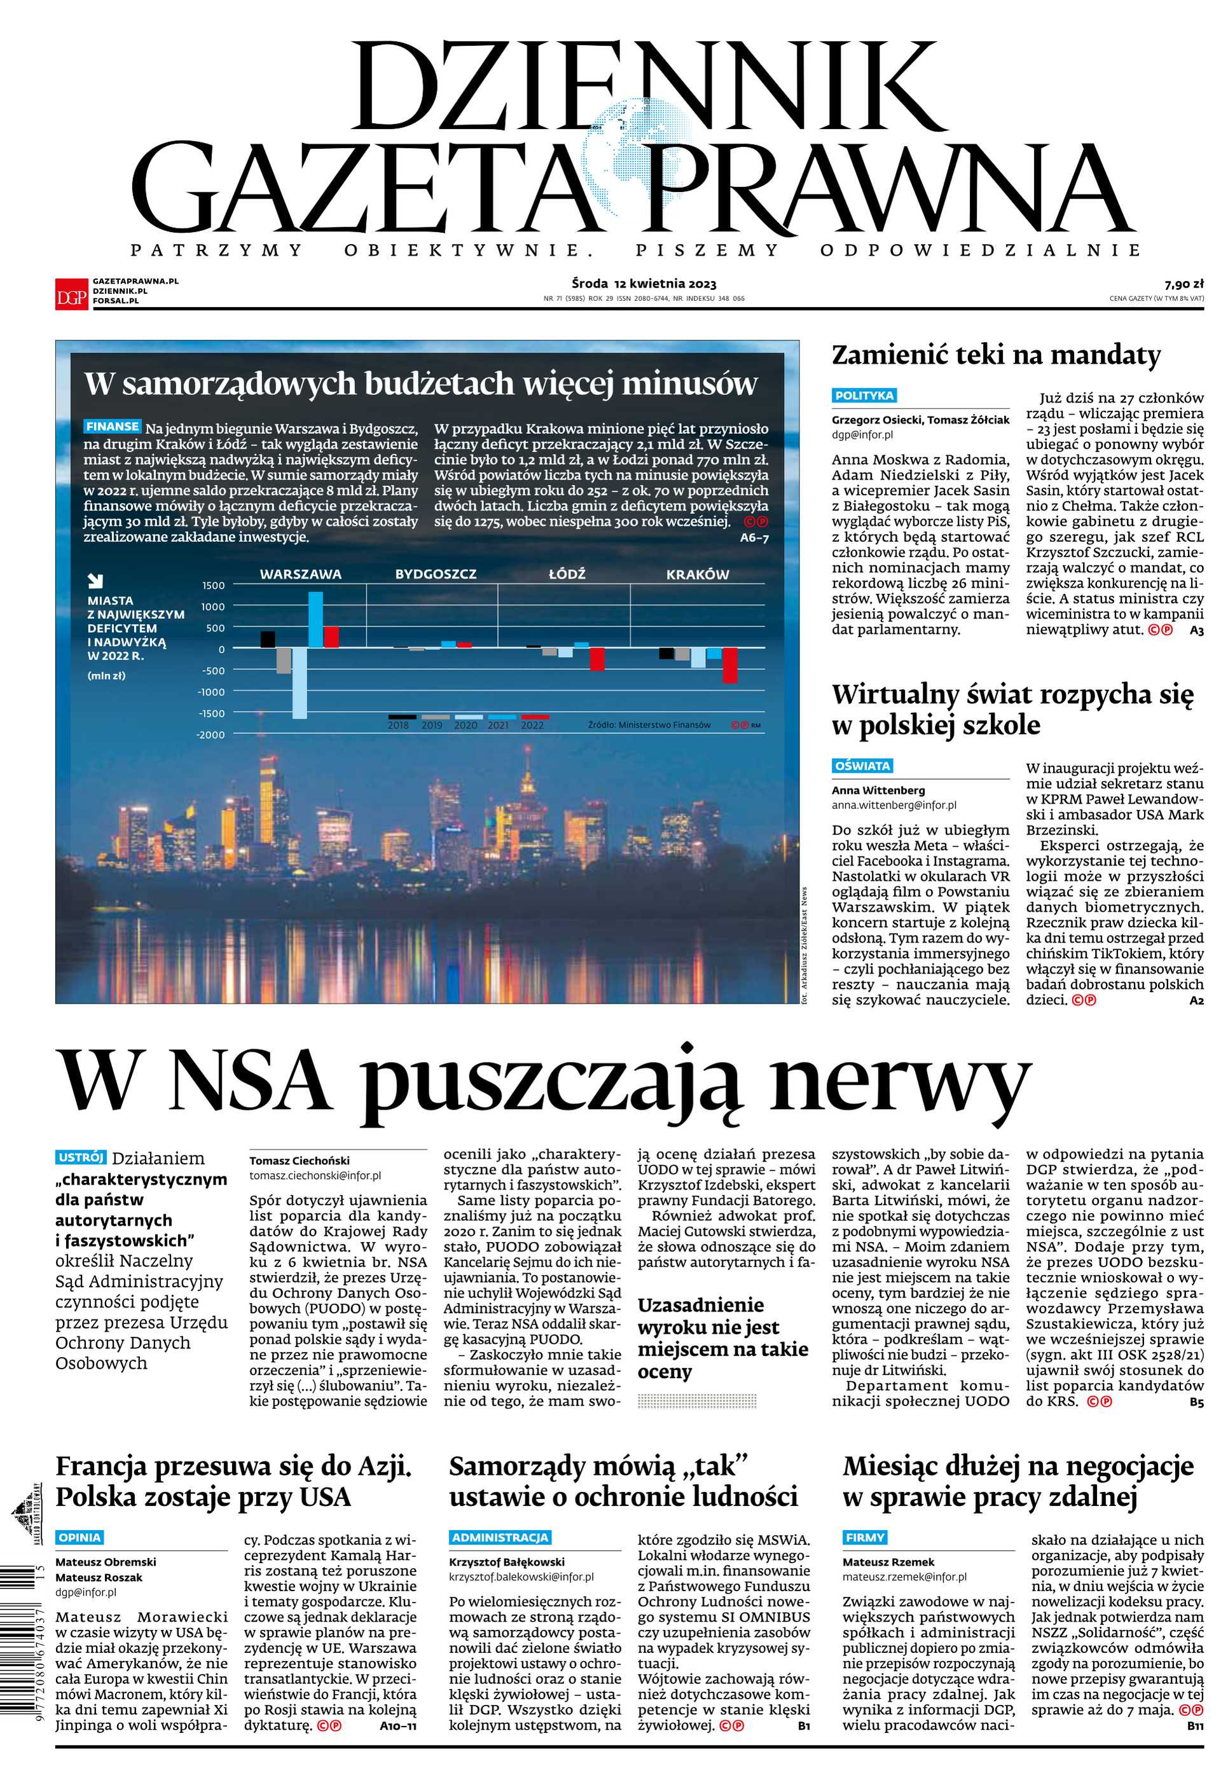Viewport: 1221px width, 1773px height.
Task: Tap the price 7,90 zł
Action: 1184,284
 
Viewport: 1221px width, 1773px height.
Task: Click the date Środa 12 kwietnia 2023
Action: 644,284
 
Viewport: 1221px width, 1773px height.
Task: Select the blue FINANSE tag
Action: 113,426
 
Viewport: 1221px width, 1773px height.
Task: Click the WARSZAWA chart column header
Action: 300,574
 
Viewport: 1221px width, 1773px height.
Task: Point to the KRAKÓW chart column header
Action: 697,574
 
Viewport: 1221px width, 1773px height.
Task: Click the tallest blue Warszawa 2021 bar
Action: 315,619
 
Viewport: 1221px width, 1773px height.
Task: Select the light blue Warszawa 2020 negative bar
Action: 299,683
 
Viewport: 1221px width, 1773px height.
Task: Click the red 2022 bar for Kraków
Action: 730,665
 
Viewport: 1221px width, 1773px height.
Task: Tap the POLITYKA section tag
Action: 864,396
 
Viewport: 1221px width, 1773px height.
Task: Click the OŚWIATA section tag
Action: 862,766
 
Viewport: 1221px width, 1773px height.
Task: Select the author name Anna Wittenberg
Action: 878,790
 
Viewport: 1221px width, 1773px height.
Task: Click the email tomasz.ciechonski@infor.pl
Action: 315,1176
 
